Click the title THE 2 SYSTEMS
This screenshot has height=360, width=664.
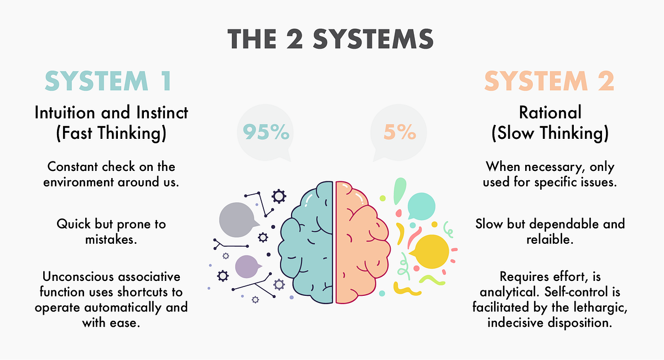[330, 39]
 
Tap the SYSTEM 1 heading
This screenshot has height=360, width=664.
[108, 81]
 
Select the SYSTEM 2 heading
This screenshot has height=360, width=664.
[549, 81]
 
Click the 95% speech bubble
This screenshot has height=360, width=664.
[265, 133]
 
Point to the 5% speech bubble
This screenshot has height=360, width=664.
[399, 133]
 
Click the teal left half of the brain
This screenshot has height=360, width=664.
[307, 243]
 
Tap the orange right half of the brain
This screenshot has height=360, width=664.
[362, 243]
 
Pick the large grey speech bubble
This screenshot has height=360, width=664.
[237, 220]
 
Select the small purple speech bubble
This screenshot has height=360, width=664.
[247, 267]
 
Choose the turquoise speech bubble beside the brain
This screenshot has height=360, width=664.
[422, 206]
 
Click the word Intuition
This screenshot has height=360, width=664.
[65, 113]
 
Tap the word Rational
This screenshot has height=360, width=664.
[550, 113]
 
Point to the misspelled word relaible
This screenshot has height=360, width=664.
[550, 239]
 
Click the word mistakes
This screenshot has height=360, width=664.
[111, 239]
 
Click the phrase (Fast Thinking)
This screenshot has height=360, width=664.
[111, 133]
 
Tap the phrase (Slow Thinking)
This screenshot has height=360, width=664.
[550, 133]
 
